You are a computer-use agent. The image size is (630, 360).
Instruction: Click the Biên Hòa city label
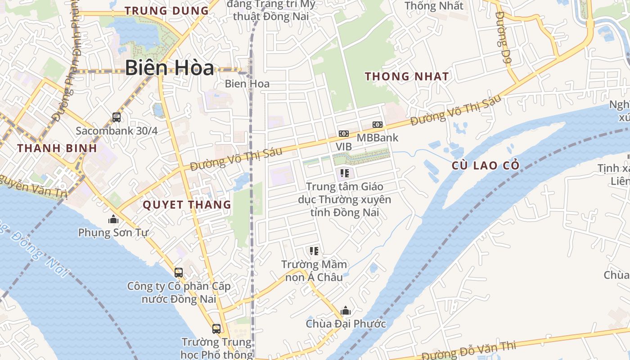pyautogui.click(x=169, y=68)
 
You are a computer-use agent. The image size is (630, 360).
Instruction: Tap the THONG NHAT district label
pyautogui.click(x=407, y=76)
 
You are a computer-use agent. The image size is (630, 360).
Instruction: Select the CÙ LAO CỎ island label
pyautogui.click(x=486, y=166)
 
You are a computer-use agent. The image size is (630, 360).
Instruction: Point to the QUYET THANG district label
pyautogui.click(x=187, y=205)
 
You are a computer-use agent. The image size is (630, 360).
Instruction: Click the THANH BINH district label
pyautogui.click(x=57, y=148)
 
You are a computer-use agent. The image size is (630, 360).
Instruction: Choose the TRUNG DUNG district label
pyautogui.click(x=166, y=11)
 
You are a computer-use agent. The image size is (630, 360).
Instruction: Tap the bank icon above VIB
pyautogui.click(x=344, y=134)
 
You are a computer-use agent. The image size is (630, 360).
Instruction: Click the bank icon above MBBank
pyautogui.click(x=377, y=125)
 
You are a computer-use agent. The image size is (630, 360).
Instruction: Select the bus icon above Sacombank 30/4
pyautogui.click(x=117, y=117)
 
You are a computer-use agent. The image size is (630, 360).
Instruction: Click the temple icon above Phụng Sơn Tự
pyautogui.click(x=113, y=220)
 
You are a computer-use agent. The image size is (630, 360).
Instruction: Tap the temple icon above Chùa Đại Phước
pyautogui.click(x=346, y=310)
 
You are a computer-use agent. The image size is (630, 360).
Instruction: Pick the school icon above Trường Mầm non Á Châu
pyautogui.click(x=314, y=251)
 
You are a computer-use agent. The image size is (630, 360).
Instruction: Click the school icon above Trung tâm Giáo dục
pyautogui.click(x=345, y=173)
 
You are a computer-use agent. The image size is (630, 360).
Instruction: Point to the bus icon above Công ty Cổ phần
pyautogui.click(x=179, y=272)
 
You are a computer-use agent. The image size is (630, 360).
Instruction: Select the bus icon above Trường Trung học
pyautogui.click(x=216, y=328)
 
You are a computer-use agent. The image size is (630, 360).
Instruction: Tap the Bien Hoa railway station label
pyautogui.click(x=247, y=84)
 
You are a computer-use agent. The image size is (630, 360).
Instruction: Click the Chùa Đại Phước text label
pyautogui.click(x=346, y=324)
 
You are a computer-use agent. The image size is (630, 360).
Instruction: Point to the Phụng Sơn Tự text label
pyautogui.click(x=113, y=233)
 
